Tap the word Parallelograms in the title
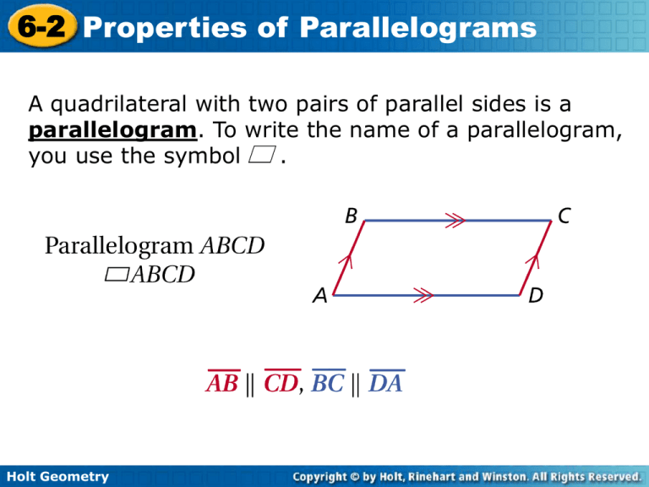pyautogui.click(x=418, y=29)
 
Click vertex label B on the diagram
pyautogui.click(x=350, y=216)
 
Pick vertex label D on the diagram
pyautogui.click(x=536, y=297)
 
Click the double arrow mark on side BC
pyautogui.click(x=457, y=222)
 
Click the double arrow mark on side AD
pyautogui.click(x=423, y=296)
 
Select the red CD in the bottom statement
pyautogui.click(x=280, y=384)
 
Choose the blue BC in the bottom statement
pyautogui.click(x=328, y=384)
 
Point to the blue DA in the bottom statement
pyautogui.click(x=386, y=384)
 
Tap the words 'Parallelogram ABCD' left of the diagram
pyautogui.click(x=155, y=246)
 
